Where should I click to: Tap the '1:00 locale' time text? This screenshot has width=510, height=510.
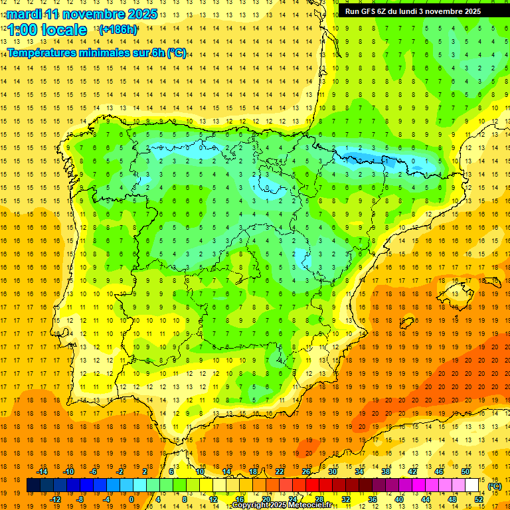[x=47, y=30]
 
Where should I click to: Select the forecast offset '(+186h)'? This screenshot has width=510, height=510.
[x=118, y=30]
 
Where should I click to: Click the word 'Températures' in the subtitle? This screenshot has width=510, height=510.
[x=46, y=53]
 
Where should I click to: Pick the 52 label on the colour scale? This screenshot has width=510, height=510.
[x=479, y=499]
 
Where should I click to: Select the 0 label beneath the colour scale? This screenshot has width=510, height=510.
[x=131, y=499]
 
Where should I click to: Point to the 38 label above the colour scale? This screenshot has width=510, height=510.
[x=385, y=471]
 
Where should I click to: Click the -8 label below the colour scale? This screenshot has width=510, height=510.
[x=80, y=499]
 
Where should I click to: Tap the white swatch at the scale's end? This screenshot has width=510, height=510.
[x=472, y=485]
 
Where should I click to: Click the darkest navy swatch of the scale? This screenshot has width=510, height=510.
[x=33, y=485]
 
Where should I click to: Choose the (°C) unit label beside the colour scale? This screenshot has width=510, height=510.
[x=495, y=485]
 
